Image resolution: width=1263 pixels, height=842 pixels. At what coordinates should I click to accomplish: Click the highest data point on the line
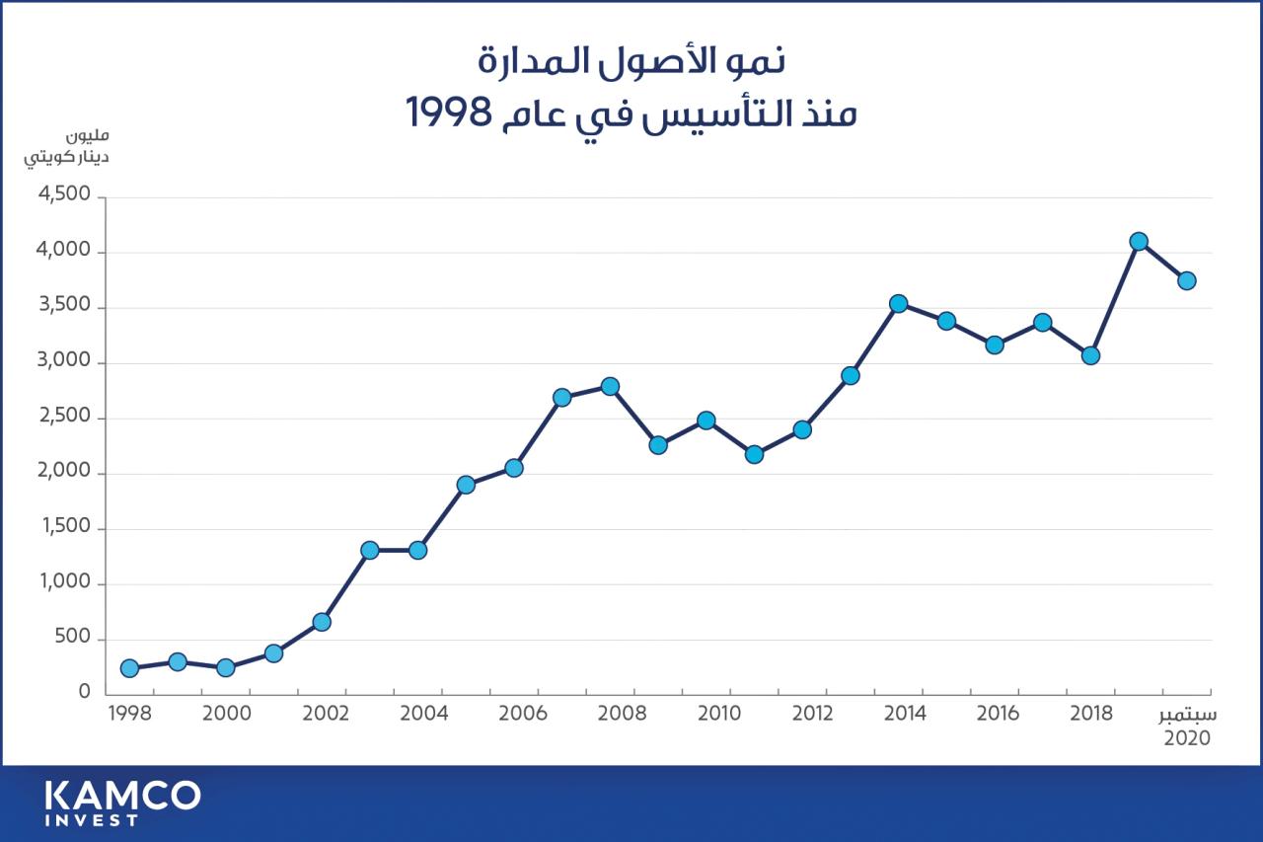click(1139, 241)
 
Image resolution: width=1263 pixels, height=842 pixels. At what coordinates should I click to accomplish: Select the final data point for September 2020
click(1187, 280)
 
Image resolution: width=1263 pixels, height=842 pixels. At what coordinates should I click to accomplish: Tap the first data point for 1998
click(129, 668)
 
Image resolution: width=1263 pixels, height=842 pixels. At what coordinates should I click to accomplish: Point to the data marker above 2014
click(898, 304)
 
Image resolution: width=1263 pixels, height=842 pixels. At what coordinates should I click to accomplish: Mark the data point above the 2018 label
click(1090, 355)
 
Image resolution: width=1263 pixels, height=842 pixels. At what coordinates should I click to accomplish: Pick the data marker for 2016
click(995, 344)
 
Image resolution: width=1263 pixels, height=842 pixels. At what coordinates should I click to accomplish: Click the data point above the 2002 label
click(322, 622)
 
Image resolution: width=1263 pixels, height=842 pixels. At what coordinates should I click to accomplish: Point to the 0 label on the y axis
click(85, 693)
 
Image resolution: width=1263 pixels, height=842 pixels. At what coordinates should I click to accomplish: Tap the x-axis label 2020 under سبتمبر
click(1188, 737)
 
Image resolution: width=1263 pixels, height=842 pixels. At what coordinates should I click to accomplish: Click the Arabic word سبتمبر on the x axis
click(1188, 716)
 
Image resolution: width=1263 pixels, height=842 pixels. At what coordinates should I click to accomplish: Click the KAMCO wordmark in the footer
click(122, 795)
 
